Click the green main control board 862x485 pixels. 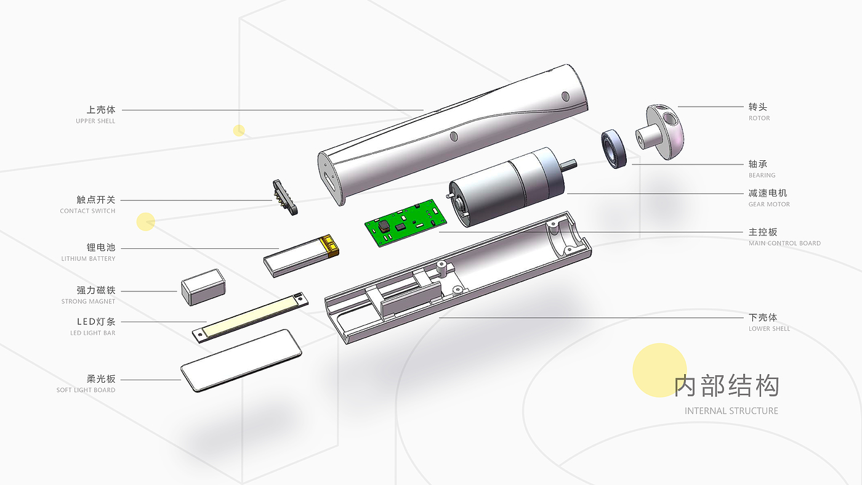[x=406, y=222]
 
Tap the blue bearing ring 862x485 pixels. [x=614, y=149]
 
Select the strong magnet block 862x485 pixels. [x=203, y=287]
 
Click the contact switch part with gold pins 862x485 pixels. [x=284, y=197]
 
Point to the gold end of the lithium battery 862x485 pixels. [x=329, y=245]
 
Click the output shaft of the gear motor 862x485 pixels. [x=568, y=165]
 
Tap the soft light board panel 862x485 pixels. [x=241, y=361]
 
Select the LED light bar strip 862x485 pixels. [x=250, y=317]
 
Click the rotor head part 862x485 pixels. [x=659, y=132]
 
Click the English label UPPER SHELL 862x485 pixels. [x=95, y=121]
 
